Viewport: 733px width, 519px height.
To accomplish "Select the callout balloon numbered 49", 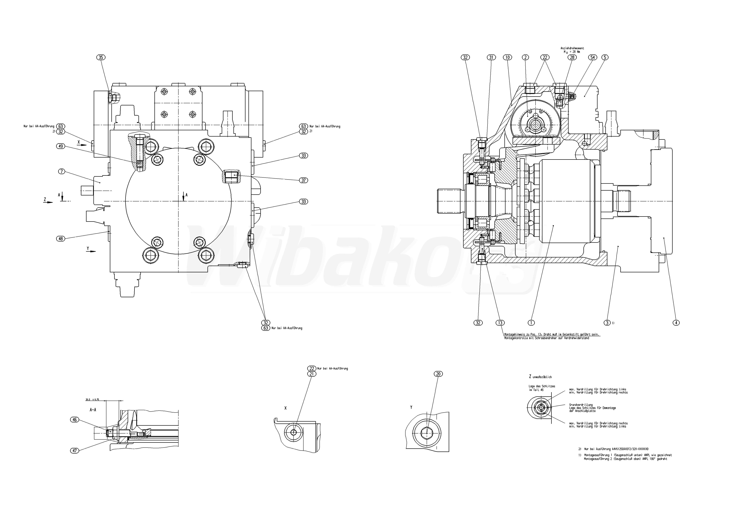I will (61, 146).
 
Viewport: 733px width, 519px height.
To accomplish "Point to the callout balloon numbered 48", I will (61, 238).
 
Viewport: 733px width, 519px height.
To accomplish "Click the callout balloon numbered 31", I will (491, 57).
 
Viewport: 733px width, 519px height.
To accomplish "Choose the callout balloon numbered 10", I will (507, 57).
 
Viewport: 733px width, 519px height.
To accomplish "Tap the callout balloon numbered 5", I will (605, 57).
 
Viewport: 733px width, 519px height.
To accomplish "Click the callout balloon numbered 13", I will (500, 323).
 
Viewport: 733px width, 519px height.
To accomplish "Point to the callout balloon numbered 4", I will (676, 323).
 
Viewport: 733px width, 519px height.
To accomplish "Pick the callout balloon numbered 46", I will (74, 420).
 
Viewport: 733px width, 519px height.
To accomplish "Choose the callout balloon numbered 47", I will (74, 451).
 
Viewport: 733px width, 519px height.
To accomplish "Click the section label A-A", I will (93, 410).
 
